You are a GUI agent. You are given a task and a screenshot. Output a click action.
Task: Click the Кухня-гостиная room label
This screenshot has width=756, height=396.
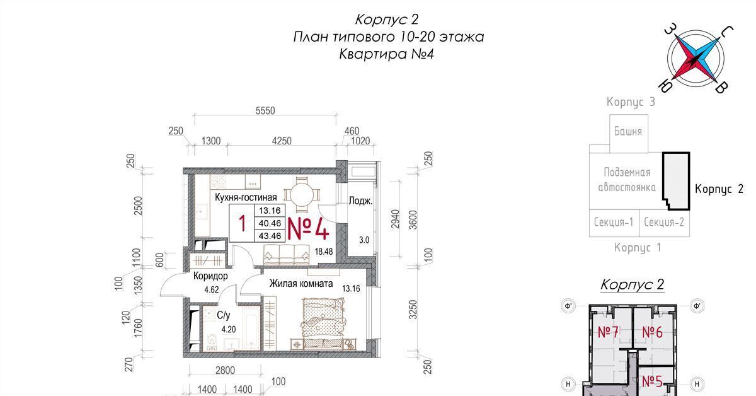click(x=246, y=197)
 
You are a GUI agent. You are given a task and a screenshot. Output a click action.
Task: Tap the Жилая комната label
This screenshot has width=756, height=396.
click(x=301, y=284)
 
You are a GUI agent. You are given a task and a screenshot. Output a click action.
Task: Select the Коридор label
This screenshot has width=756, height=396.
click(x=210, y=276)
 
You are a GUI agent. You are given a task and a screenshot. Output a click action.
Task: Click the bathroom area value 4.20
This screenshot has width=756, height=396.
click(x=229, y=329)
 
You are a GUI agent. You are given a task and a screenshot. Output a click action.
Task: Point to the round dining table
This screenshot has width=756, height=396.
click(x=302, y=195)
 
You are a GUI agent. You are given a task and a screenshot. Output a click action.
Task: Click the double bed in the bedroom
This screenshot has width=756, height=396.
click(x=323, y=323)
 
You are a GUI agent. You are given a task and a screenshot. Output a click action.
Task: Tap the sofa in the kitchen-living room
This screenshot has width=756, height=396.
click(x=286, y=254)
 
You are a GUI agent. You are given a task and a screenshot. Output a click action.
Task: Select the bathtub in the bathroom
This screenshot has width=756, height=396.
click(x=251, y=329)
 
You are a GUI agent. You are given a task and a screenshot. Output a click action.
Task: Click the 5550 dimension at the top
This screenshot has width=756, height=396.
click(x=265, y=111)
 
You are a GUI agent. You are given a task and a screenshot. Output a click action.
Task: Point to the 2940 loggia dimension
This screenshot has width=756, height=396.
click(x=395, y=219)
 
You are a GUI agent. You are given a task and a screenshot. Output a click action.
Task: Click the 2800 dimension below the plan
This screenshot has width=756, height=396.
click(x=225, y=371)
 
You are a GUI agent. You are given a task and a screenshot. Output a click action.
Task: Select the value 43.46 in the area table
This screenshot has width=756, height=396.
click(x=270, y=236)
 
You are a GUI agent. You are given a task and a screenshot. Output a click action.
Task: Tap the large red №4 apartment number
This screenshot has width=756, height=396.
click(x=308, y=228)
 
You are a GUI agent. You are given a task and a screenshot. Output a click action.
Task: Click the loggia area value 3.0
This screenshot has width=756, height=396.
click(x=364, y=240)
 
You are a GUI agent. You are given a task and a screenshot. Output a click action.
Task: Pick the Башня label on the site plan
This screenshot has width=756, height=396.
click(x=628, y=131)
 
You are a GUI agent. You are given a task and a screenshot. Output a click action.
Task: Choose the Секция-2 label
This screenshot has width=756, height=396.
click(x=664, y=222)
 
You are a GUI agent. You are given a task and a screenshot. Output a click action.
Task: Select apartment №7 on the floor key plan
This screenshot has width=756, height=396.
click(x=608, y=332)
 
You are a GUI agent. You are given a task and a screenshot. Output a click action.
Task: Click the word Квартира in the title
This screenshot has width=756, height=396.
click(x=373, y=54)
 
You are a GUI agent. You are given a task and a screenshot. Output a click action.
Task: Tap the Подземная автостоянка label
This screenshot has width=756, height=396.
click(x=627, y=180)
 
